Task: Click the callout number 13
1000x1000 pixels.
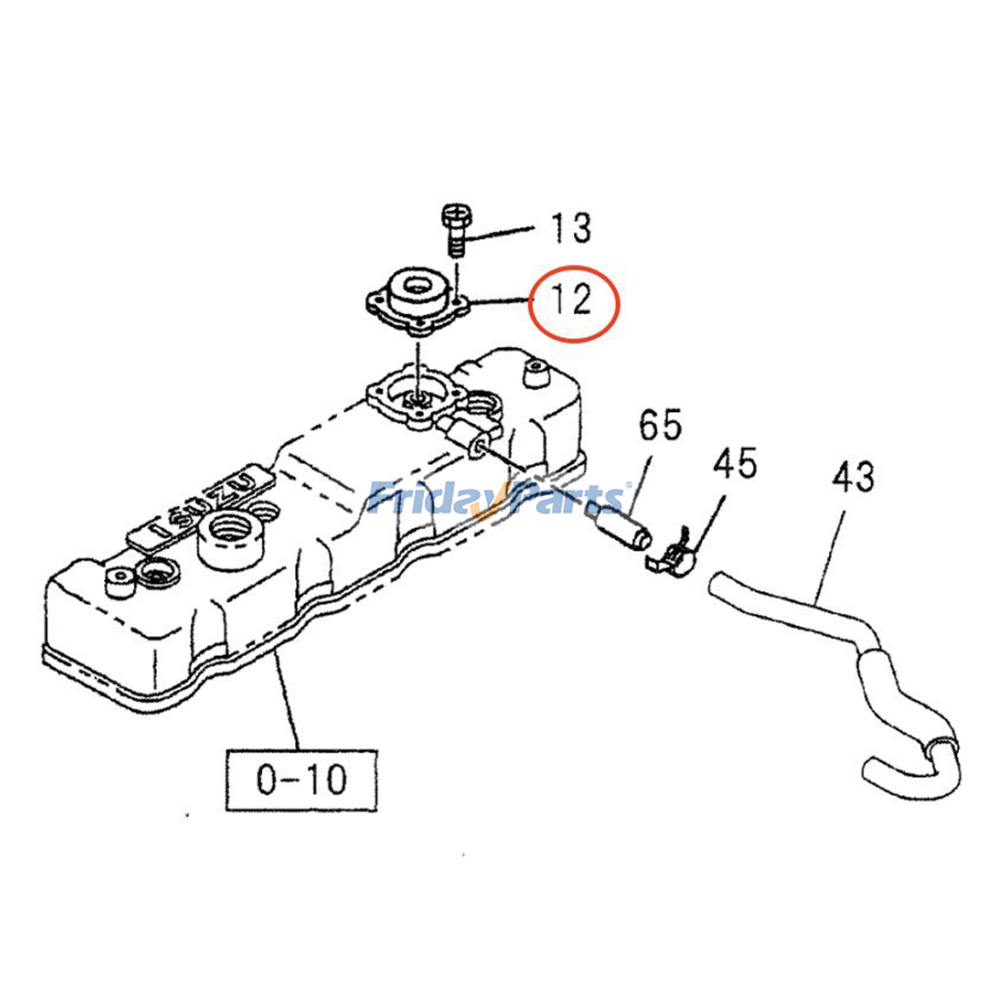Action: pyautogui.click(x=570, y=229)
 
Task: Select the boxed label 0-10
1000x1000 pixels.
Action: pyautogui.click(x=301, y=780)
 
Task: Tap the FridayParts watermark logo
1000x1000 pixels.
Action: pyautogui.click(x=497, y=498)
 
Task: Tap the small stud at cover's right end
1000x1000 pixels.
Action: pyautogui.click(x=535, y=373)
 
